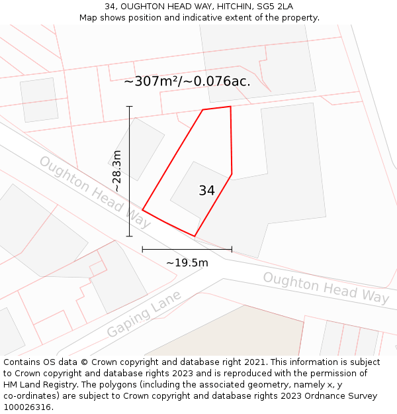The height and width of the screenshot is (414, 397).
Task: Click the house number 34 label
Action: click(206, 191)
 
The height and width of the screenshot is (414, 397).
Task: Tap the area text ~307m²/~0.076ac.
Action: click(187, 81)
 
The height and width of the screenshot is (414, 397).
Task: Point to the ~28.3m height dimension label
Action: click(117, 171)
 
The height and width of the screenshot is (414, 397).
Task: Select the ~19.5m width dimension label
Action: click(187, 263)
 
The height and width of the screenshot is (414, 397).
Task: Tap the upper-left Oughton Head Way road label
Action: click(95, 192)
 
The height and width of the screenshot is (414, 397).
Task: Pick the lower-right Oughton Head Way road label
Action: click(326, 287)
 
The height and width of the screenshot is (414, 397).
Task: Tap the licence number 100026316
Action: click(28, 407)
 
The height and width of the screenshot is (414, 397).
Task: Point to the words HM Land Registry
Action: click(38, 385)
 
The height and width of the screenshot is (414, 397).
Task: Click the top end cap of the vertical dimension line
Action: click(130, 107)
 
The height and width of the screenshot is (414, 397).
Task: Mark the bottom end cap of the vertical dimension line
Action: click(130, 236)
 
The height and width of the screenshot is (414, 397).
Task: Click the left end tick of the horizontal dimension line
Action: click(142, 249)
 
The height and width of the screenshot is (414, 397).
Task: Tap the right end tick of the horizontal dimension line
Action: click(232, 249)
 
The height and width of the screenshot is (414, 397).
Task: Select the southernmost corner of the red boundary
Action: click(195, 236)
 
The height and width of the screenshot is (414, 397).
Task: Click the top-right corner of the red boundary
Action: click(230, 106)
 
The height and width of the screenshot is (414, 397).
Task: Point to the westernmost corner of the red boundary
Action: click(142, 211)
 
